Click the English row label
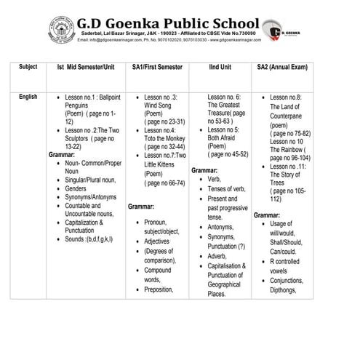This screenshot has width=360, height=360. pos(29,97)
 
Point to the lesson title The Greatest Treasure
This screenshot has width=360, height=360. pos(225,108)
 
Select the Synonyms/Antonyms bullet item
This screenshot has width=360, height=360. pos(89,196)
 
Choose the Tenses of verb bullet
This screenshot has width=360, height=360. pos(228,188)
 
